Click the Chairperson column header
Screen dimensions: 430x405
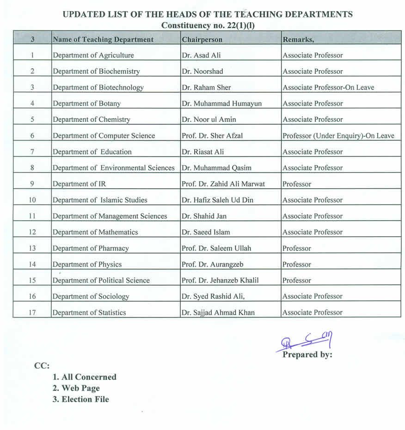[x=202, y=40]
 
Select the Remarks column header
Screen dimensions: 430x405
[x=298, y=40]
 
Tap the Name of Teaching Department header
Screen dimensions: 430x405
[x=103, y=40]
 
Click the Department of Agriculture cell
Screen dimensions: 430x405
[x=93, y=55]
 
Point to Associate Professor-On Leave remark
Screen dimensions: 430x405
[x=328, y=88]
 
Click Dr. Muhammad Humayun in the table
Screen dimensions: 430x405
[x=222, y=104]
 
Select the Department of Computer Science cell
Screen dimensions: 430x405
[x=104, y=136]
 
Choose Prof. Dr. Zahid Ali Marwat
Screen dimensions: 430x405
[x=224, y=184]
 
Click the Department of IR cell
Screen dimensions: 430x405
[x=79, y=184]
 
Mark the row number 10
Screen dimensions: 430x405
[x=32, y=200]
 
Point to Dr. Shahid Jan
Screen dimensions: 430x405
[x=204, y=216]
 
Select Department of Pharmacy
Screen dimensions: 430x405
[x=91, y=248]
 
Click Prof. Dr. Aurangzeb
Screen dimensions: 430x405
[x=213, y=264]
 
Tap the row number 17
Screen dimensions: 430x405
[x=32, y=312]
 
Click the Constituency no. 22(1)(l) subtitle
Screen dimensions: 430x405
[x=208, y=25]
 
